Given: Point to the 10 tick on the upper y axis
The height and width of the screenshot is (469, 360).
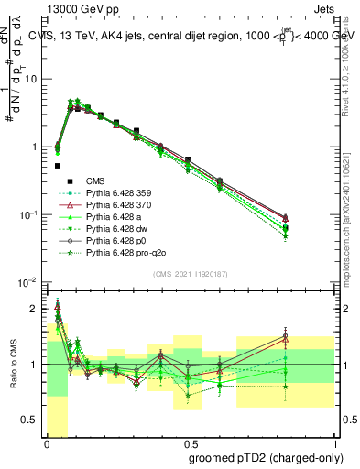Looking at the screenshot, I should pos(30,79).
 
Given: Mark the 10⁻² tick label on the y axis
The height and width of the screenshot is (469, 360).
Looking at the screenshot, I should pos(27,282).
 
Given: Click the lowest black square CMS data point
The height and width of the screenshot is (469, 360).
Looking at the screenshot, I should pos(57,166).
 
